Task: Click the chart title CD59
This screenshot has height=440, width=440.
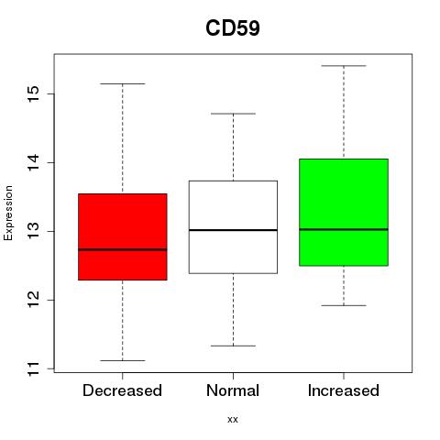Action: coord(233,28)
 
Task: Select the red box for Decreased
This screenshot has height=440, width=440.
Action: coord(123,236)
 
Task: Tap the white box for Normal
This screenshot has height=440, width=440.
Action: coord(233,227)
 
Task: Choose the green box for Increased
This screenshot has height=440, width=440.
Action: coord(344,213)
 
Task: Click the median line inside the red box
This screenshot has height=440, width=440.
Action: coord(123,249)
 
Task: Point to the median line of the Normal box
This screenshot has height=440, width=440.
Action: coord(233,230)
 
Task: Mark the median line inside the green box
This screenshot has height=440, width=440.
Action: coord(344,229)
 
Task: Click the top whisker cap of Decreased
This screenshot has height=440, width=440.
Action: coord(123,83)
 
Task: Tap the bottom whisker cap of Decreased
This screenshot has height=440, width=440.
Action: coord(123,360)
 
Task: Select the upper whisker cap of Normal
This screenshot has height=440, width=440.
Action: coord(233,114)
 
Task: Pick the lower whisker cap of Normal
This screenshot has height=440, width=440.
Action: coord(233,346)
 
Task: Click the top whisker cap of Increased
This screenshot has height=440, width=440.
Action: coord(344,66)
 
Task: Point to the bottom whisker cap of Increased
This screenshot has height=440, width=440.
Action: coord(344,305)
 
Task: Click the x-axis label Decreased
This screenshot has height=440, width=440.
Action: coord(122,390)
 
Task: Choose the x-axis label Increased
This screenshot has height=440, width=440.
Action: coord(344,390)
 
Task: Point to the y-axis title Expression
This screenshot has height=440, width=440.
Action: coord(8,213)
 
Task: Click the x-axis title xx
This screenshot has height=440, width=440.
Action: coord(233,420)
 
